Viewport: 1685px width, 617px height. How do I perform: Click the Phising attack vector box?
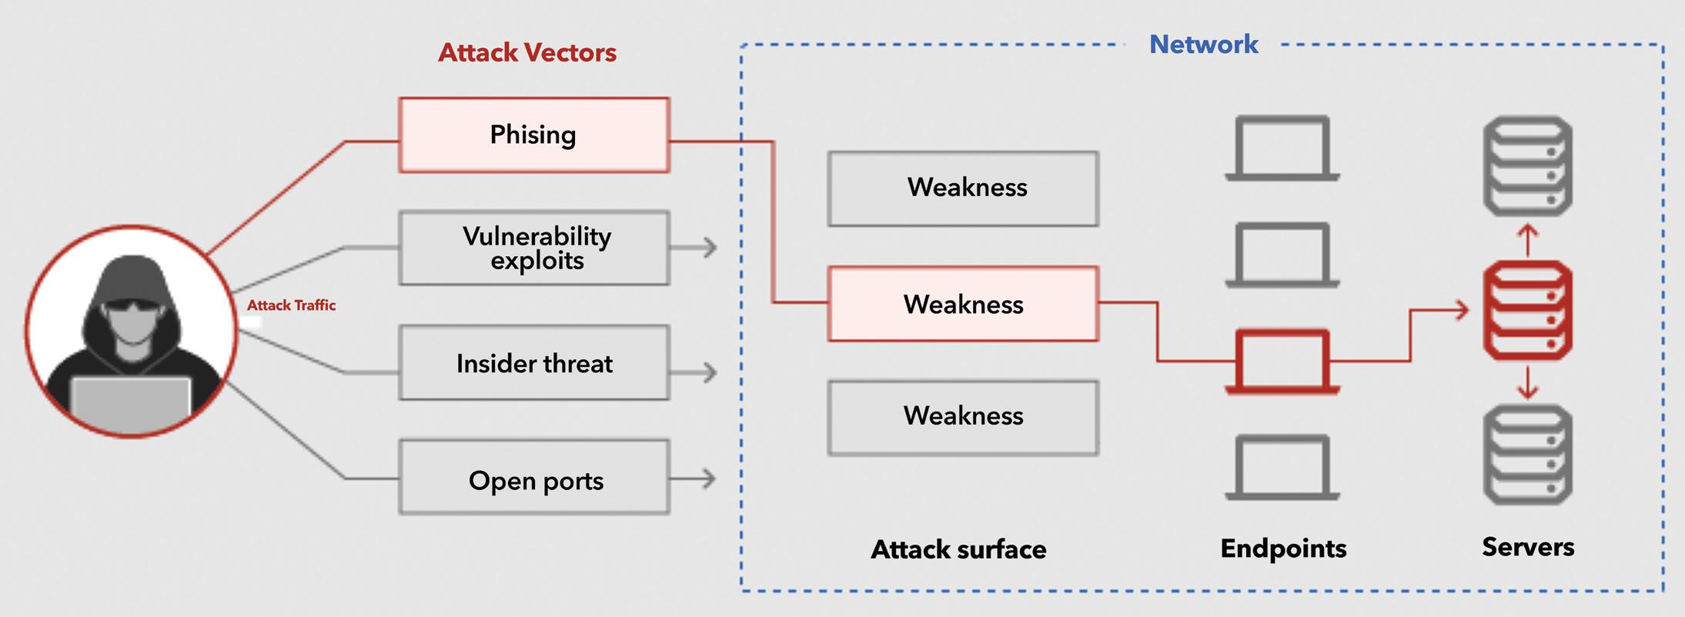coord(534,135)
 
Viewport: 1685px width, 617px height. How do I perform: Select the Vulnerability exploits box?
coord(534,248)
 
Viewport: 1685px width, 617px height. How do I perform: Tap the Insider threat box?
coord(534,362)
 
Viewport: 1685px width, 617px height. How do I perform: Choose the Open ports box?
coord(534,477)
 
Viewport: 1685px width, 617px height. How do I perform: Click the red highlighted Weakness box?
coord(963,304)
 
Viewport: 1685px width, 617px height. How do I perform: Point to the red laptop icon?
coord(1282,362)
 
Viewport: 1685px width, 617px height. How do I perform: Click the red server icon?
coord(1528,310)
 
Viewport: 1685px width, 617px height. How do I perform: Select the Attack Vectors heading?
coord(527,52)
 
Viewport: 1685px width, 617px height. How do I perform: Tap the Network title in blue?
coord(1204,45)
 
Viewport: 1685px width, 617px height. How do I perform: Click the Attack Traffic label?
coord(291,305)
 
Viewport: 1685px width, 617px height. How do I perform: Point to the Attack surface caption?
coord(958,549)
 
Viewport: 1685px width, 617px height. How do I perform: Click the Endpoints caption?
coord(1283,548)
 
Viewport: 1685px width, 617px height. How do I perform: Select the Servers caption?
coord(1528,547)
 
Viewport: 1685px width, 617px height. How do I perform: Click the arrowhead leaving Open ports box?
coord(709,479)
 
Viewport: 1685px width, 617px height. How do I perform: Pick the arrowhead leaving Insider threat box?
coord(709,372)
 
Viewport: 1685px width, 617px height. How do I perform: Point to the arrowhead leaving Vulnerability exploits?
coord(709,247)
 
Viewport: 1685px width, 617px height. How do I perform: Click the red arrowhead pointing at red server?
coord(1460,310)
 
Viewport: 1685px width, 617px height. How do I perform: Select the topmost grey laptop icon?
coord(1282,148)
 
